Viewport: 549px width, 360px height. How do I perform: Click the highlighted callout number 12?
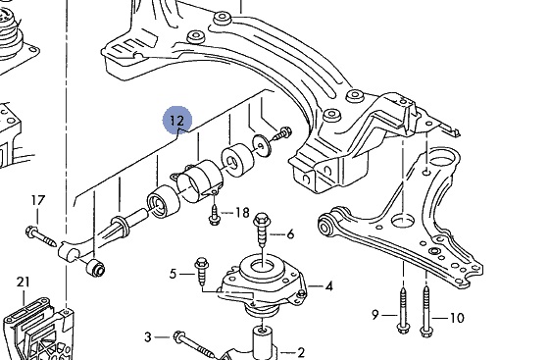(x=176, y=121)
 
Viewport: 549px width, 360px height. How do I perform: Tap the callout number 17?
(x=38, y=200)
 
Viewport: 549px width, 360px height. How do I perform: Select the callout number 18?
(x=242, y=213)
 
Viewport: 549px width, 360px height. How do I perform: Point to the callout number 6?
(x=290, y=233)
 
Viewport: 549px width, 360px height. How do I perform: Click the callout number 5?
(x=173, y=274)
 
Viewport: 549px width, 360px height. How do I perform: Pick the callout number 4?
(x=328, y=286)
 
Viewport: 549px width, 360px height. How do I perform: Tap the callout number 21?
(x=24, y=282)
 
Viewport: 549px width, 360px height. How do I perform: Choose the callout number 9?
(x=374, y=315)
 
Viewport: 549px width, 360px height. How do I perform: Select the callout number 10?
(x=457, y=318)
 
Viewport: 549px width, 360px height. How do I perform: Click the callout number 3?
(x=148, y=337)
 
